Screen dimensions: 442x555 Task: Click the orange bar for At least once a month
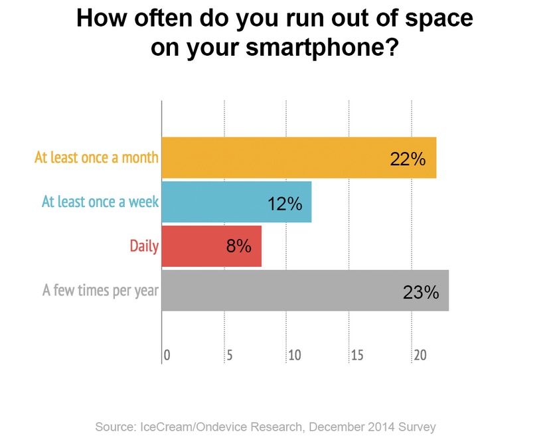coord(299,158)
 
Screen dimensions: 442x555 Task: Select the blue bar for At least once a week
coord(236,202)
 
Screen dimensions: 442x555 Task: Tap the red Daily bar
coord(211,246)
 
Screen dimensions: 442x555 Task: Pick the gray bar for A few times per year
coord(305,291)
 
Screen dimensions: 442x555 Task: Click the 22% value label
coord(408,159)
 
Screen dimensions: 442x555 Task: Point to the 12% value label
coord(285,204)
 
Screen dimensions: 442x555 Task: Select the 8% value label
coord(238,247)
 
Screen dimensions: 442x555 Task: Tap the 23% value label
coord(420,292)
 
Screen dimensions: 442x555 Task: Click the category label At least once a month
coord(97,158)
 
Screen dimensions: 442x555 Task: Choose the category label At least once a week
coord(100,202)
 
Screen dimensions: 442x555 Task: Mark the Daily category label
coord(144,247)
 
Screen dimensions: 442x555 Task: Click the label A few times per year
coord(100,291)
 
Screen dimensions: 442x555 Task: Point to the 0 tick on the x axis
coord(167,356)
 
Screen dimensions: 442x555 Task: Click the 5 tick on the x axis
coord(230,356)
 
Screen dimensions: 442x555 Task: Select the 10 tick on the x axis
coord(295,356)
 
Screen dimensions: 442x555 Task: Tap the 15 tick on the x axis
coord(357,356)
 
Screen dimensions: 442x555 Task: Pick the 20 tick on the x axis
coord(420,356)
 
